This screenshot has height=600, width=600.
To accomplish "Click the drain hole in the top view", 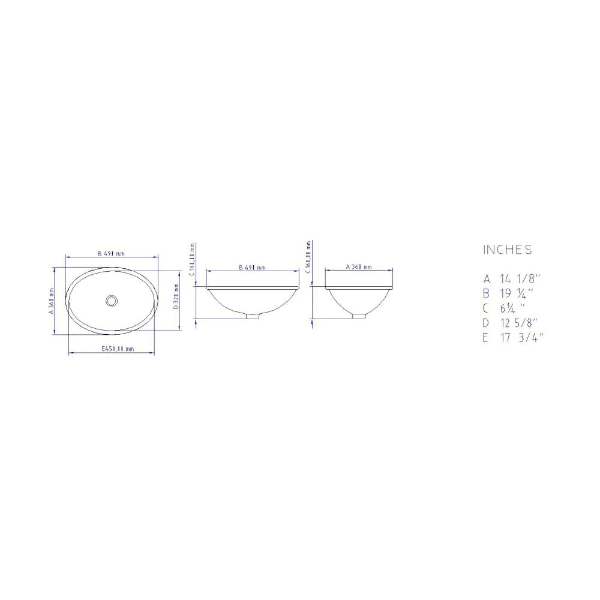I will tap(111, 299).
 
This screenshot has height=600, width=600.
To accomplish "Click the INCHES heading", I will tap(507, 250).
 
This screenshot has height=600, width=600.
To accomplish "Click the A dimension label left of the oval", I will tap(52, 299).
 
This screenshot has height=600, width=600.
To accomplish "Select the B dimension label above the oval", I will tap(112, 254).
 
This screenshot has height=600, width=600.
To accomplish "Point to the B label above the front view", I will tap(252, 268).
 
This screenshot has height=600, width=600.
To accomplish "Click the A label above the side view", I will tap(359, 267).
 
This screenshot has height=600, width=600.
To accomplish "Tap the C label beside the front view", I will tap(193, 258).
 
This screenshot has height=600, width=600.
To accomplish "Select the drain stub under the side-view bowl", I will tap(359, 315).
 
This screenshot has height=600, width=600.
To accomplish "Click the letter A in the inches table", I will tap(487, 279).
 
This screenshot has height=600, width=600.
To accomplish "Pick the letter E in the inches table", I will tap(487, 337).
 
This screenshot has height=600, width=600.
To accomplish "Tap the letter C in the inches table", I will tap(487, 308).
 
